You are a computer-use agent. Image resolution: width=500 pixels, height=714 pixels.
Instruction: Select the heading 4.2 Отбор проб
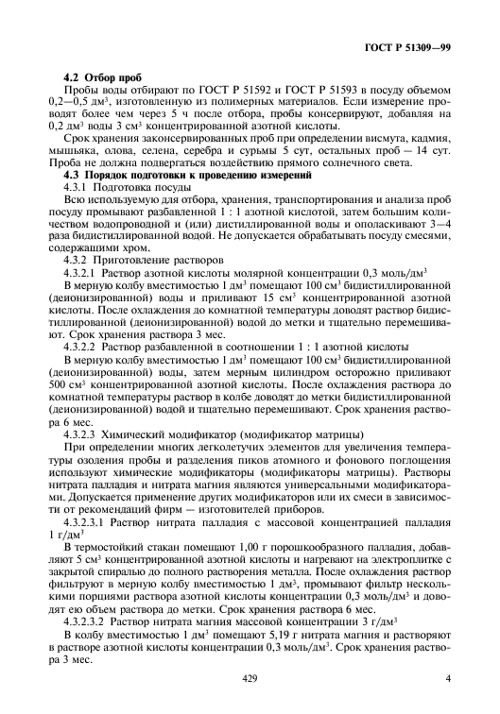pos(102,74)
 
